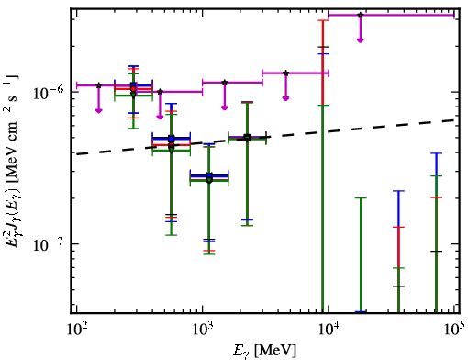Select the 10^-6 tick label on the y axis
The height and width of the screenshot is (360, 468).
(x=49, y=92)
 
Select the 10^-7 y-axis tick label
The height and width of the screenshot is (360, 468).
(x=49, y=244)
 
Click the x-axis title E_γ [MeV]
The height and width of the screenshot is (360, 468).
(x=264, y=351)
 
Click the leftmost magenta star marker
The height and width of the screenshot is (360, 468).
(x=98, y=85)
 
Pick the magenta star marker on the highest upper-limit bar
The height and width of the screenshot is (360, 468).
(x=361, y=15)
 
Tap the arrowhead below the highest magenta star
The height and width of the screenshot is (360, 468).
(x=361, y=40)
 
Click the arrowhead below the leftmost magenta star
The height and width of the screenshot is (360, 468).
(x=98, y=110)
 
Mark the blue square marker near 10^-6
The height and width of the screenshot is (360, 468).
(x=133, y=85)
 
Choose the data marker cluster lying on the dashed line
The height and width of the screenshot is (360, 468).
(x=248, y=138)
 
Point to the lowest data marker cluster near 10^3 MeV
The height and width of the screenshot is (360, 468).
(x=209, y=178)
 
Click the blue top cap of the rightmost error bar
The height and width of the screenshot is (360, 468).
(x=436, y=153)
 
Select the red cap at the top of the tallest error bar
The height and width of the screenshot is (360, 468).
(x=323, y=20)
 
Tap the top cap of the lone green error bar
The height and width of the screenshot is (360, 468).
(x=361, y=198)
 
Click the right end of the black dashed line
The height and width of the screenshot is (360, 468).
(x=455, y=120)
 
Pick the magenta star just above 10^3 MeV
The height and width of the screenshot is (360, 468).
(x=225, y=83)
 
